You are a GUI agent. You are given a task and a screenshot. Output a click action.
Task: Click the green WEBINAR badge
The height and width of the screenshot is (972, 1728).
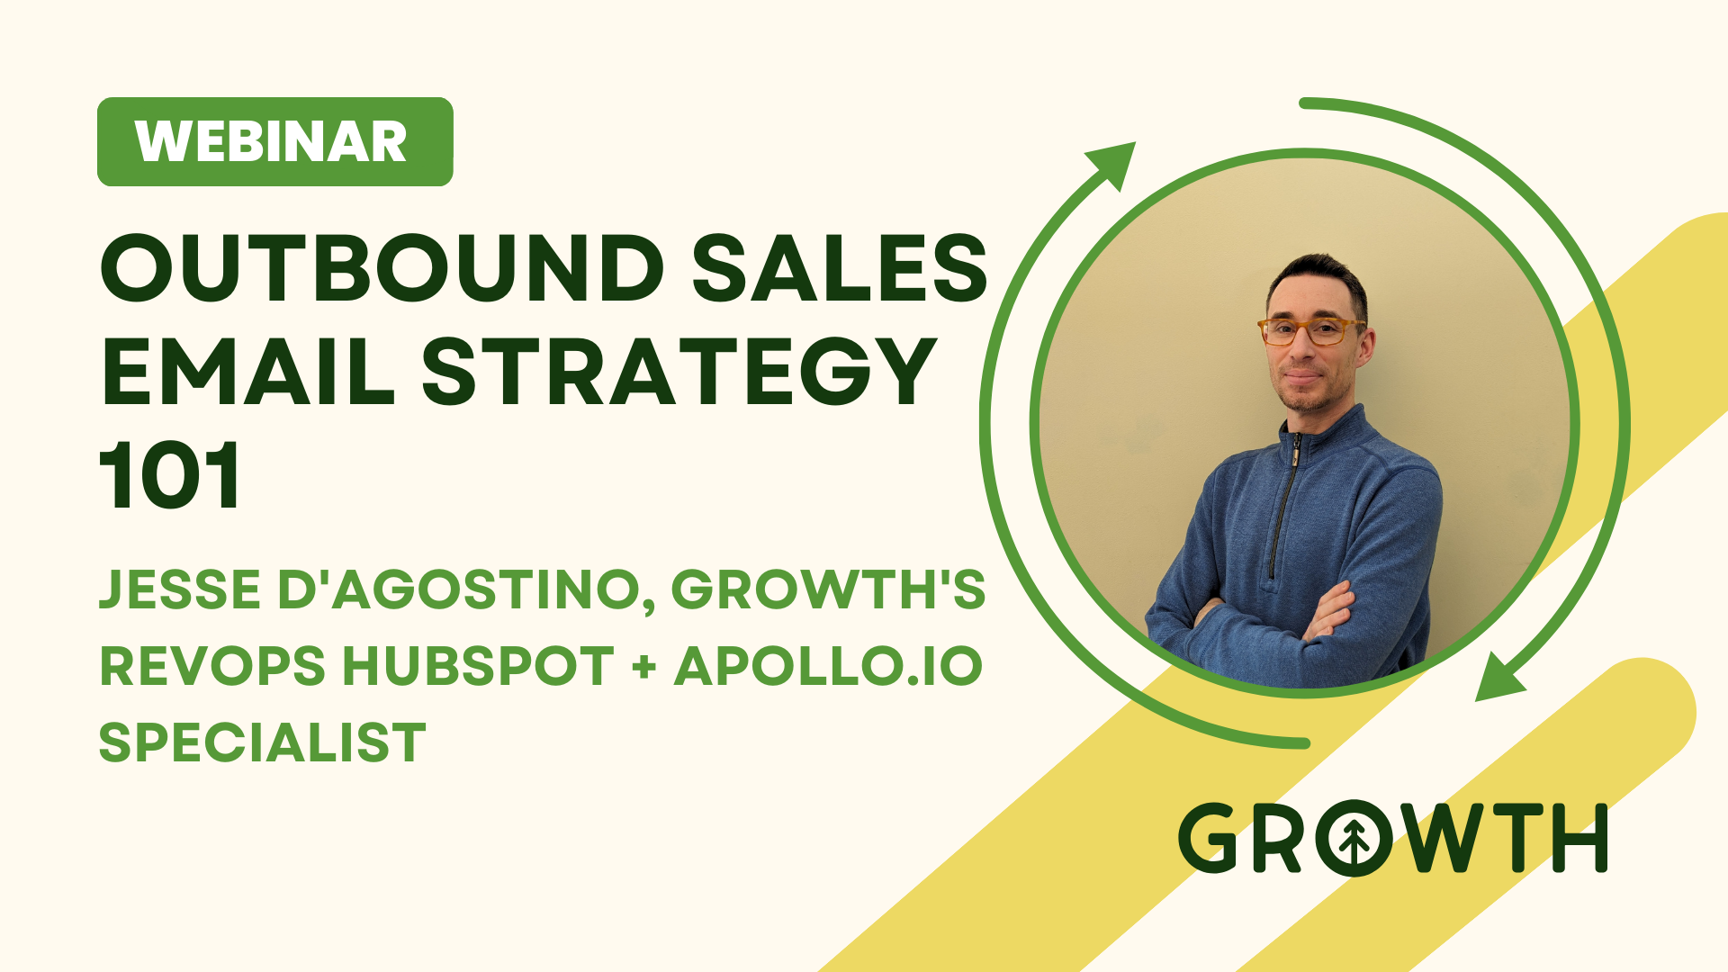(x=274, y=141)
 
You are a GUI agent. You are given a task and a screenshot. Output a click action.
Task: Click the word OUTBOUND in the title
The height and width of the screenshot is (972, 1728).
(x=382, y=268)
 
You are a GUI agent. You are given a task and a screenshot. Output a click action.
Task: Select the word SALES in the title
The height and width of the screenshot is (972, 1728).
(x=841, y=268)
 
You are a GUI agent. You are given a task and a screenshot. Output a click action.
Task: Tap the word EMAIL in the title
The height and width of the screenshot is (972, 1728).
(x=248, y=371)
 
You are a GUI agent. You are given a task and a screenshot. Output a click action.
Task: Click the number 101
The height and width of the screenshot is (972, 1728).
(x=169, y=474)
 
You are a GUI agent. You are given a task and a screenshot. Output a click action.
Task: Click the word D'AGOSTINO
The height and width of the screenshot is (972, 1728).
(x=466, y=591)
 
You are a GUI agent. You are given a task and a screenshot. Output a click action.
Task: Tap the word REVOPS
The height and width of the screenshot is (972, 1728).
(x=212, y=667)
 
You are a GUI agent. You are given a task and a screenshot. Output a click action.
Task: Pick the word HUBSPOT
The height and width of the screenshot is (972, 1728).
(x=479, y=667)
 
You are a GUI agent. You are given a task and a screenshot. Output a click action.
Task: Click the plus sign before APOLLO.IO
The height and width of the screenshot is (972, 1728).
(x=644, y=668)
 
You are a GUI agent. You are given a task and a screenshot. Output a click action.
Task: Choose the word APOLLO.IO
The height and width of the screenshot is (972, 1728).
(x=828, y=667)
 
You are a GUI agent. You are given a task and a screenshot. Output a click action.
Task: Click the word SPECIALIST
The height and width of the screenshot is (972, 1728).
(x=262, y=743)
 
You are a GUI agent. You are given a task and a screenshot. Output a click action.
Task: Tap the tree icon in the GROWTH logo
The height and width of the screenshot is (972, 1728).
(x=1354, y=839)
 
